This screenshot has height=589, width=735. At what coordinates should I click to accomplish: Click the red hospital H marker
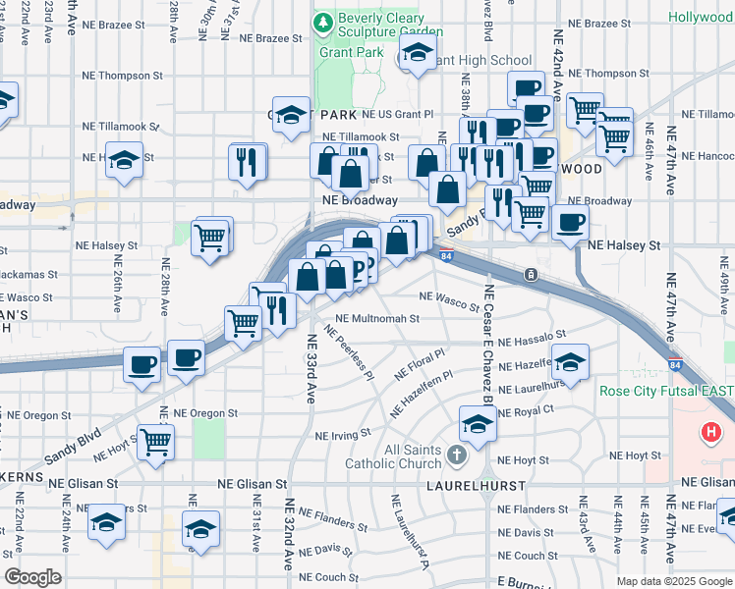(711, 432)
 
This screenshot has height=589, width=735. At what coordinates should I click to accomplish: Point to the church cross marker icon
(454, 455)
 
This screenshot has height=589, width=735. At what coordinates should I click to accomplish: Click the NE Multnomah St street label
(377, 319)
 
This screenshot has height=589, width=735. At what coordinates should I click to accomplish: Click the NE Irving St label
(342, 433)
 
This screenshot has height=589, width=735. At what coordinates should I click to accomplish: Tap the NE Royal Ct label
(526, 411)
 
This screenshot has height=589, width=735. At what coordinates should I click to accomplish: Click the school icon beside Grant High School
(418, 55)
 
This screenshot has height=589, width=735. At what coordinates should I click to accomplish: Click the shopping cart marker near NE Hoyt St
(155, 443)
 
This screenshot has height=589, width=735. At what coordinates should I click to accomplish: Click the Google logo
(31, 577)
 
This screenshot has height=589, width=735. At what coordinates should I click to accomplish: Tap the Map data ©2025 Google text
(673, 581)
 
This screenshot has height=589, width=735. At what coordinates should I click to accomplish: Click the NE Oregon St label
(205, 413)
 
